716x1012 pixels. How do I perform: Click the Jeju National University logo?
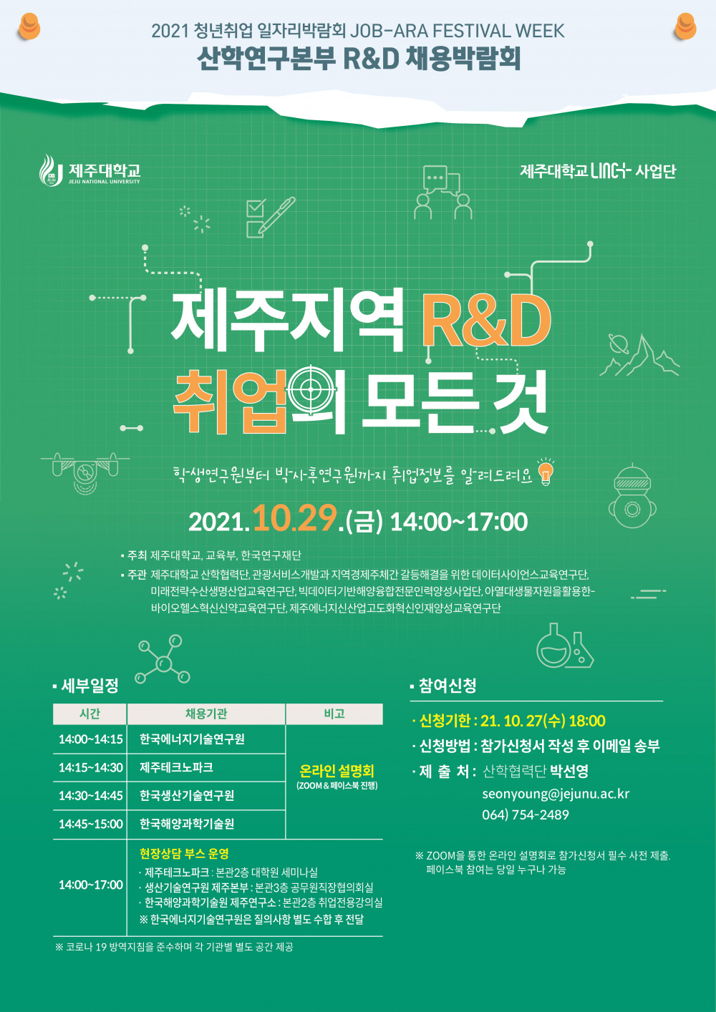[89, 171]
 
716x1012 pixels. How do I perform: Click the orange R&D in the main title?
[485, 320]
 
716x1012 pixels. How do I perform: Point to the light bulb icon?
[546, 472]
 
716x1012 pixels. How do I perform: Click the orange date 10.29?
[294, 518]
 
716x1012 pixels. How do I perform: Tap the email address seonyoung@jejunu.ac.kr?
[556, 794]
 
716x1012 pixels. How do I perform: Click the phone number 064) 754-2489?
[526, 814]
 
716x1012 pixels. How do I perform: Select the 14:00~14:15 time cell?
[90, 739]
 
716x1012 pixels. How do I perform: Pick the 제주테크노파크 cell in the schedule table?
[176, 767]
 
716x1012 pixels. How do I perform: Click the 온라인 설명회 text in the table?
[337, 771]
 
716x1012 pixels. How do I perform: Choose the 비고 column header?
[334, 714]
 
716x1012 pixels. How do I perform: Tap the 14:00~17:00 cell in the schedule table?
[90, 885]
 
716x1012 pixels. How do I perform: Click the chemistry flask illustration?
[565, 646]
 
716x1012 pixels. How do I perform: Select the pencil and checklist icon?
[269, 217]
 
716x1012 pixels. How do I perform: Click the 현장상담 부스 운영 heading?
[184, 853]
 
